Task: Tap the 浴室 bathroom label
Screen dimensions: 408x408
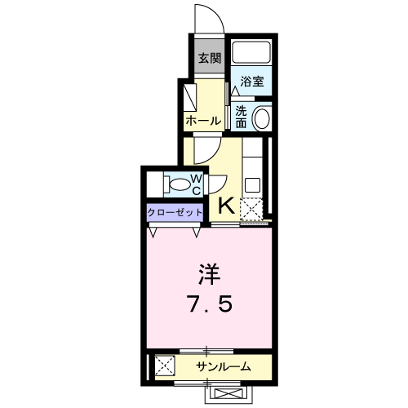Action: [x=252, y=82]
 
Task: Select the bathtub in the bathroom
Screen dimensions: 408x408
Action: [x=251, y=53]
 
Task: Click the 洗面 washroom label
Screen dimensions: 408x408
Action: [x=242, y=117]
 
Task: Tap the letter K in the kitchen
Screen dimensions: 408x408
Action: [x=226, y=206]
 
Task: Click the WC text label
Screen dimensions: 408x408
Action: [x=197, y=184]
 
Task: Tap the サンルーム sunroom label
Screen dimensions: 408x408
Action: [x=223, y=366]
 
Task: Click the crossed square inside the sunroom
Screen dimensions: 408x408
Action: [x=164, y=366]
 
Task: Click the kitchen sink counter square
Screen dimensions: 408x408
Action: [x=252, y=183]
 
